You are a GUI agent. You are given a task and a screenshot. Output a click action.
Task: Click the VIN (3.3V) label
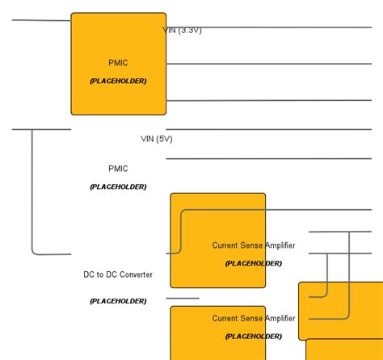[x=182, y=30]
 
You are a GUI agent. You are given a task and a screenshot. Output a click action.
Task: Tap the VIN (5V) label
[x=157, y=139]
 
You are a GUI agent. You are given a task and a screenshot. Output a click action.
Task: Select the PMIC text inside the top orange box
[x=118, y=63]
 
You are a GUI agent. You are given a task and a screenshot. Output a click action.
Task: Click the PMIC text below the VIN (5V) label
[x=118, y=169]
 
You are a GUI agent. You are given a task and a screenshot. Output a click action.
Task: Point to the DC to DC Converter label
[x=118, y=275]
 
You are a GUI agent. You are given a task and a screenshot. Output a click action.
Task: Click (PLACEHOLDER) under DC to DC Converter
[x=118, y=301]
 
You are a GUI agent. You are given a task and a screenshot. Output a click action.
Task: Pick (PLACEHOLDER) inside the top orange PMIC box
[x=118, y=81]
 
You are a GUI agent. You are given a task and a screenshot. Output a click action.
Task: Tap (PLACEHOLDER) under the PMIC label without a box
[x=118, y=186]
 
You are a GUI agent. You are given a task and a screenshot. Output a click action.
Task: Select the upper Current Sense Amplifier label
[x=254, y=245]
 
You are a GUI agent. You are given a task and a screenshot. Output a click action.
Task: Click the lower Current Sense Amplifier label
[x=254, y=318]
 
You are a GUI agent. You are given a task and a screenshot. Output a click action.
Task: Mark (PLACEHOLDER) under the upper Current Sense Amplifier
[x=254, y=263]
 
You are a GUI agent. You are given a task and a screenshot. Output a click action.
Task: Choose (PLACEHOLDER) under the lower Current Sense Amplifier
[x=254, y=336]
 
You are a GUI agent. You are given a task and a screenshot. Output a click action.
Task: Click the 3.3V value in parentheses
[x=189, y=30]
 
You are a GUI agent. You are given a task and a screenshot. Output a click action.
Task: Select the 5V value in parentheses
[x=164, y=139]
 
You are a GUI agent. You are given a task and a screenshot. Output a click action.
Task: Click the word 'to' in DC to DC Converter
[x=100, y=275]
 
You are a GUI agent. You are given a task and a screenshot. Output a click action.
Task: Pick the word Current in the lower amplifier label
[x=225, y=318]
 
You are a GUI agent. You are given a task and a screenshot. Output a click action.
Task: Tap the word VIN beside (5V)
[x=148, y=139]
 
